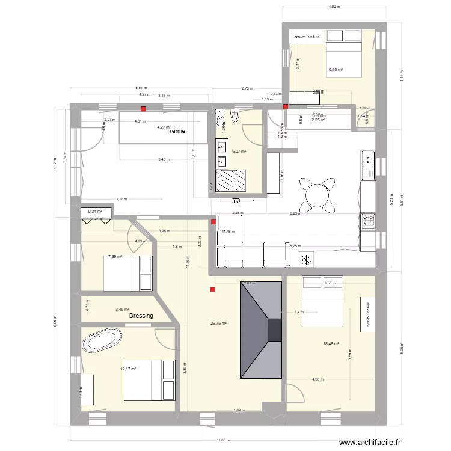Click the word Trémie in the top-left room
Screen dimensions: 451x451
click(176, 131)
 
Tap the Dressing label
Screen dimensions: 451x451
click(141, 316)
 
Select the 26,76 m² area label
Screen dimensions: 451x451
click(218, 323)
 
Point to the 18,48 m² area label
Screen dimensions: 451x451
click(331, 344)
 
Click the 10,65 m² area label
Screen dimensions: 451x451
click(334, 70)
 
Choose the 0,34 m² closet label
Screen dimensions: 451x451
click(95, 212)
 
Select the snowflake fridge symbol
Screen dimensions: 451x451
click(305, 260)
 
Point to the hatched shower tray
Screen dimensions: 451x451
click(232, 179)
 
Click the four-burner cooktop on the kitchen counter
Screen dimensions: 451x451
click(367, 221)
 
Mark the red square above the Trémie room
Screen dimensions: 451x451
click(143, 109)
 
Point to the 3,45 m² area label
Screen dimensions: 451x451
click(123, 310)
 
